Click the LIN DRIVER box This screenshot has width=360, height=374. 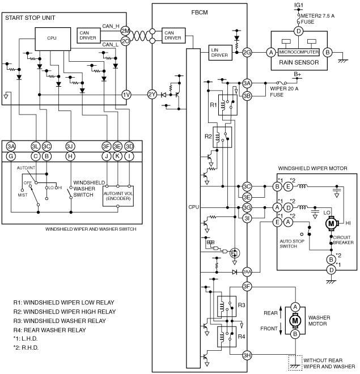click(220, 53)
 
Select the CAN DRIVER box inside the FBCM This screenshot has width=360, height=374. click(173, 36)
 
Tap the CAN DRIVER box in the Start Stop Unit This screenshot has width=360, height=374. click(88, 36)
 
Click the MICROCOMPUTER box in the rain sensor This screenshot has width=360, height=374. click(299, 52)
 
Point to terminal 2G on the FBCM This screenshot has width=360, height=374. click(247, 53)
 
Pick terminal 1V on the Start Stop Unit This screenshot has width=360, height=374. click(126, 95)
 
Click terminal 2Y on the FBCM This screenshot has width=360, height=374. click(152, 95)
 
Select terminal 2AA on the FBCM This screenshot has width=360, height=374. click(247, 272)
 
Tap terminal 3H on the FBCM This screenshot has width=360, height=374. click(247, 355)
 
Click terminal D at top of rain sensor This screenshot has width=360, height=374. click(298, 31)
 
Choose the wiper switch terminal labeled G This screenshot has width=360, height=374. click(11, 156)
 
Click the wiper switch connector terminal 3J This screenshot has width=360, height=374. click(70, 146)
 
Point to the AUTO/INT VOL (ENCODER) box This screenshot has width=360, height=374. click(118, 196)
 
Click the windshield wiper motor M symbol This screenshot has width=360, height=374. click(332, 223)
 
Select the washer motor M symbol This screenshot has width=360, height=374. click(295, 321)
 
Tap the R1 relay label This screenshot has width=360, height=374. click(213, 105)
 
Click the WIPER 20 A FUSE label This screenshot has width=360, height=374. click(284, 92)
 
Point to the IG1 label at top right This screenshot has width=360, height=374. click(299, 5)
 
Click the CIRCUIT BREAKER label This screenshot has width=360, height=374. click(343, 240)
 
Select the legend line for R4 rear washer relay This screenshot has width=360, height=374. click(49, 330)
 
